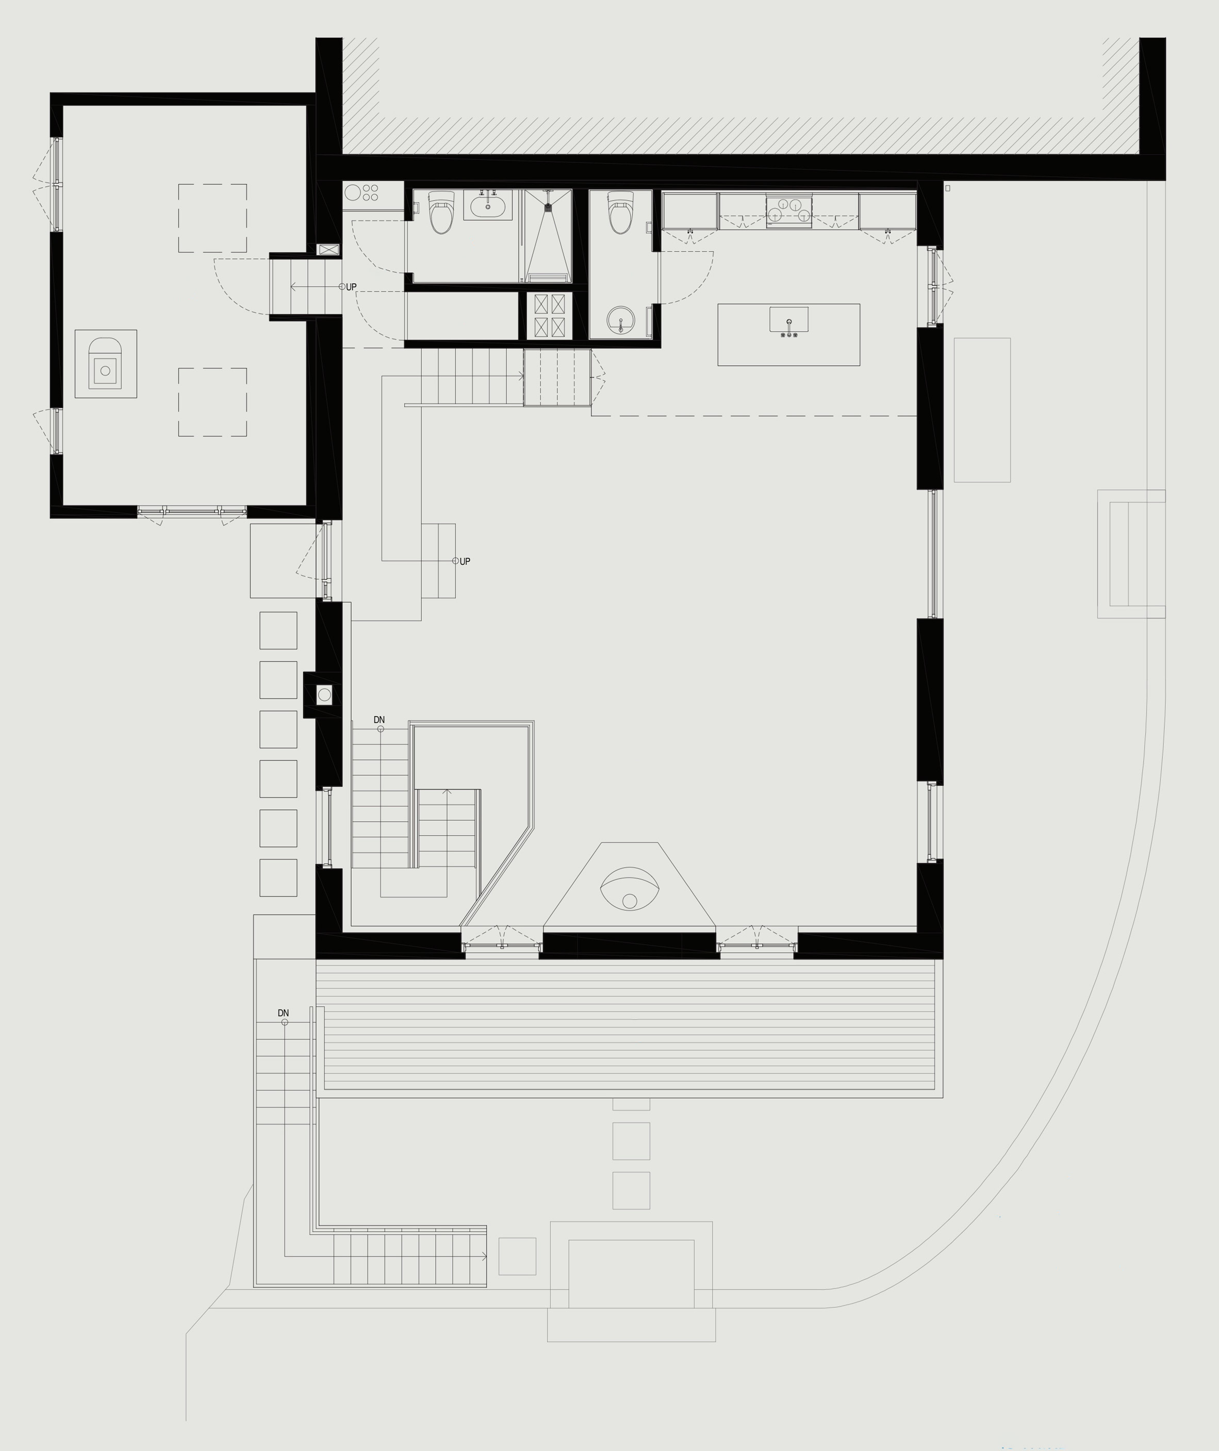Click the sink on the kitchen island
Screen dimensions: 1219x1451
tap(788, 320)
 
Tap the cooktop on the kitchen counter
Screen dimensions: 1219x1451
tap(788, 210)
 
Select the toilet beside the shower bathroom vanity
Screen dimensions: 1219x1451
tap(440, 213)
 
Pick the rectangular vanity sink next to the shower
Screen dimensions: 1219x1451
tap(488, 205)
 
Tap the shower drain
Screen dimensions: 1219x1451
tap(548, 205)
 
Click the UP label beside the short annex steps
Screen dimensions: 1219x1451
tap(351, 287)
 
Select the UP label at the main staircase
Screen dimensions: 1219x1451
tap(465, 561)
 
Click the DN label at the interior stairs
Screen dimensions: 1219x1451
tap(380, 720)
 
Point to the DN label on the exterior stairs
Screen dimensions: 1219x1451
tap(283, 1013)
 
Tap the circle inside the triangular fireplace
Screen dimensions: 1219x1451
tap(630, 901)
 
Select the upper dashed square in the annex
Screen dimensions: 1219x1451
tap(213, 218)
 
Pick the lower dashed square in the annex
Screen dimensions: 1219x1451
tap(213, 402)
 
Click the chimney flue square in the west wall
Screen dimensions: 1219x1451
tap(324, 694)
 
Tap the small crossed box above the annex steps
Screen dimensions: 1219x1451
tap(329, 250)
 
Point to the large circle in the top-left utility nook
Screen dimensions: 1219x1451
tap(353, 192)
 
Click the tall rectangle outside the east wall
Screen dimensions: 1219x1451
tap(982, 410)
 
